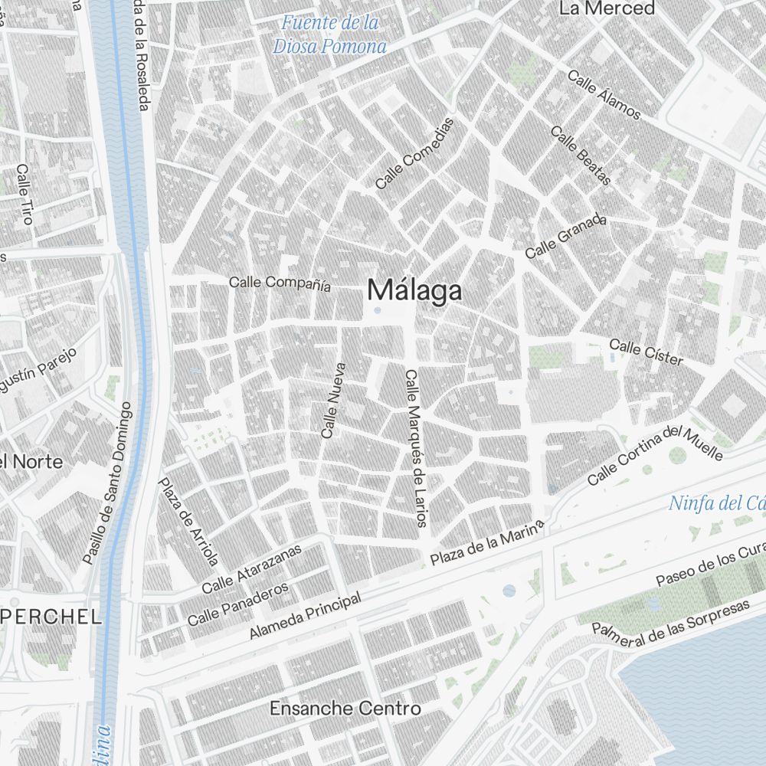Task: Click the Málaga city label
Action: [414, 291]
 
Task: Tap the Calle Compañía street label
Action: [280, 283]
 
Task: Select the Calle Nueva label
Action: [333, 400]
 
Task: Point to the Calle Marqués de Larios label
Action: [414, 448]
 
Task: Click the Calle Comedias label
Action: [414, 153]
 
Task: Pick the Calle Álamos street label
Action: [604, 95]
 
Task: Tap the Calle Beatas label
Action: [581, 155]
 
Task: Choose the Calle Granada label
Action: [565, 236]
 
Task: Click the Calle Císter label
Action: [646, 352]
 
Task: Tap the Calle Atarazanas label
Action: [252, 570]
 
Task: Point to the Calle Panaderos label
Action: [237, 603]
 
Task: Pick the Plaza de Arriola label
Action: [188, 521]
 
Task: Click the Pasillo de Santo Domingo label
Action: [107, 483]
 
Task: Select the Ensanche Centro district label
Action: [345, 709]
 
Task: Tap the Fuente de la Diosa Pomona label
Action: [329, 34]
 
